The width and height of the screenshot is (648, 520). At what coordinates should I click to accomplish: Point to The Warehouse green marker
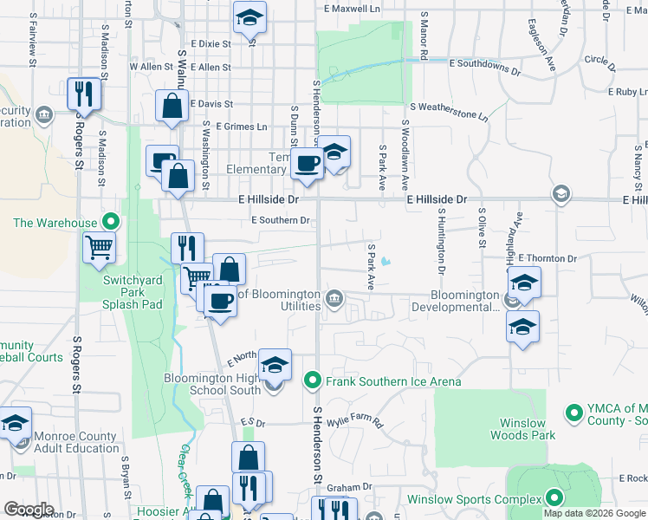tap(110, 222)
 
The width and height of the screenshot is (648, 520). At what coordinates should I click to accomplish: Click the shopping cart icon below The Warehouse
tap(100, 247)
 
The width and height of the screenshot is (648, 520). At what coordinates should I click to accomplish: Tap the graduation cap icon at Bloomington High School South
tap(275, 365)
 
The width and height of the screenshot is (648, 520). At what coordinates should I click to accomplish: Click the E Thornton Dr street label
tap(547, 258)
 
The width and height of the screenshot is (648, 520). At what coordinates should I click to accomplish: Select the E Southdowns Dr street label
tap(486, 63)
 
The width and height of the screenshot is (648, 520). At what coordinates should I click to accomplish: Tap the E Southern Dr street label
tap(280, 220)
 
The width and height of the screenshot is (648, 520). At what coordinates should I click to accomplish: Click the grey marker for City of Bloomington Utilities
tap(334, 300)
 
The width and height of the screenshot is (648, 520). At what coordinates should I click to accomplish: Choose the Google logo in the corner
tap(29, 510)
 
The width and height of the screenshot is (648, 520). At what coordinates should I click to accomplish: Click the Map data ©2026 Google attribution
tap(594, 513)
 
